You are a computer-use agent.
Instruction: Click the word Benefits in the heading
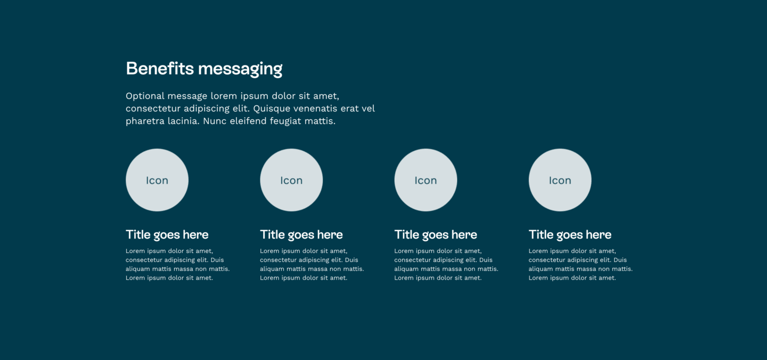[160, 69]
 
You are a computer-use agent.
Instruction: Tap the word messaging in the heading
[240, 70]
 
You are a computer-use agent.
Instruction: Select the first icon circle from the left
[157, 180]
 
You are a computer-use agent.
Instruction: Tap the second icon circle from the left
[291, 180]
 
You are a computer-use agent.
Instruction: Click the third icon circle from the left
[426, 180]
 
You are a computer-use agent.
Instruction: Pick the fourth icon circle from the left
[560, 180]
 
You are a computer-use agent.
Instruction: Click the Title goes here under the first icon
[167, 235]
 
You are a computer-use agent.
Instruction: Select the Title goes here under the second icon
[301, 235]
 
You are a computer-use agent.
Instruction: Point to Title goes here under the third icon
[436, 235]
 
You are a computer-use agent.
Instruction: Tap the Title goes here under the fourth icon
[570, 235]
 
